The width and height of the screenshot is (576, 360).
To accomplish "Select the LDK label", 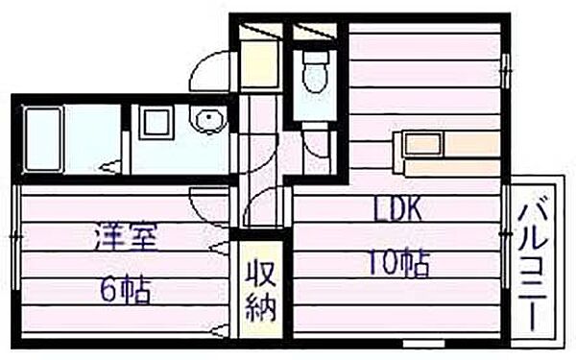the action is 397,208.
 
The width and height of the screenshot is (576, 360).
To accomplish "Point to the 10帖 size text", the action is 398,262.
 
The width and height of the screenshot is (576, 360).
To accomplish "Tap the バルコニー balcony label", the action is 535,267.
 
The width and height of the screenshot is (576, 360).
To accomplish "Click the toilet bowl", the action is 315,72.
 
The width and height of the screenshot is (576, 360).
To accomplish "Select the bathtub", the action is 43,139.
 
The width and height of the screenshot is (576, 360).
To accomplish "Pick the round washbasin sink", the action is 208,118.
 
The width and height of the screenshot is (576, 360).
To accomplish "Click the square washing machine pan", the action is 156,123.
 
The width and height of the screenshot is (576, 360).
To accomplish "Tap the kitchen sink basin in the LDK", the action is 423,143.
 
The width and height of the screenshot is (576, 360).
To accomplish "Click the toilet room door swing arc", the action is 318,144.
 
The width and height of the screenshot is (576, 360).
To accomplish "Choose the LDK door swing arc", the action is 264,205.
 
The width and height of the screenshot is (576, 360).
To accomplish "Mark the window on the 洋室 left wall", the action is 15,237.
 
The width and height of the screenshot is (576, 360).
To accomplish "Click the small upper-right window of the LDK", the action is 507,71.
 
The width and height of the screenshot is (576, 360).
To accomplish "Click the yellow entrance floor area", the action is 259,63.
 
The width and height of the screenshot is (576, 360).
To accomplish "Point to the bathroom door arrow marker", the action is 109,168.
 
